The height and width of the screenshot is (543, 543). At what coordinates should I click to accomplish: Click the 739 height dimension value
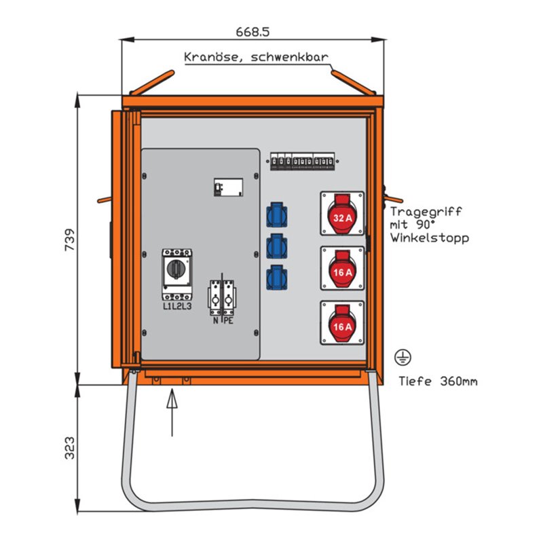click(x=69, y=239)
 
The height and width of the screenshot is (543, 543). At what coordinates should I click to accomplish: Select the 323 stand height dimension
click(x=69, y=447)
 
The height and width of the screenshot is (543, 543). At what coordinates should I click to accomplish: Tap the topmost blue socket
click(x=277, y=214)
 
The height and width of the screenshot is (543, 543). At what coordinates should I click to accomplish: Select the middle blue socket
click(x=277, y=245)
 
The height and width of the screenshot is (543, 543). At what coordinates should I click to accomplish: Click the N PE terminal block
click(x=222, y=299)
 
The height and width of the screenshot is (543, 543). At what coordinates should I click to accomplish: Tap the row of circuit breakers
click(x=302, y=161)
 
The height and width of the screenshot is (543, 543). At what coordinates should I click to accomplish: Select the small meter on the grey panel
click(x=228, y=187)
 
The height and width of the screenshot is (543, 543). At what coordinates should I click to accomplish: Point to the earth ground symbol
click(x=401, y=356)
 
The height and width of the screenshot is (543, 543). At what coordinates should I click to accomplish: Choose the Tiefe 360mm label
click(x=438, y=381)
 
